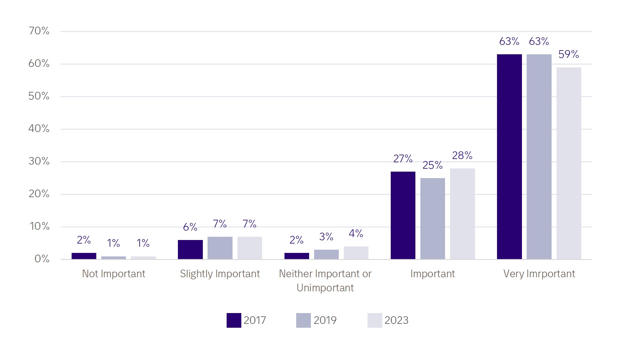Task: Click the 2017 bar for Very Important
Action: click(509, 157)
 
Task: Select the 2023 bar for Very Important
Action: click(569, 163)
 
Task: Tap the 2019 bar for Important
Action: click(432, 219)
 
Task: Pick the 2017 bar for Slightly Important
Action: click(190, 249)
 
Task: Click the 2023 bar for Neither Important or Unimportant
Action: click(356, 253)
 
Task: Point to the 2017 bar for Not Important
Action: click(84, 256)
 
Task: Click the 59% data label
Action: click(569, 54)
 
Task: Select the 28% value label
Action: click(462, 156)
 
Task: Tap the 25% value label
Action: click(432, 165)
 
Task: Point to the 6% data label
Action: click(190, 227)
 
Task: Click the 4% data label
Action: click(356, 234)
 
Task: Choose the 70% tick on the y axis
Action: click(39, 31)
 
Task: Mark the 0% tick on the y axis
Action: click(42, 259)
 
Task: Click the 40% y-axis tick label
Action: click(39, 129)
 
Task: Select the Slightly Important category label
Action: click(220, 274)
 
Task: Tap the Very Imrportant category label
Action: click(539, 274)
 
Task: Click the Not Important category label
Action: click(114, 274)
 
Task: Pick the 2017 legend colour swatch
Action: click(234, 320)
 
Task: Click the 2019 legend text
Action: click(325, 320)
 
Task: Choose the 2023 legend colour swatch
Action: click(375, 320)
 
